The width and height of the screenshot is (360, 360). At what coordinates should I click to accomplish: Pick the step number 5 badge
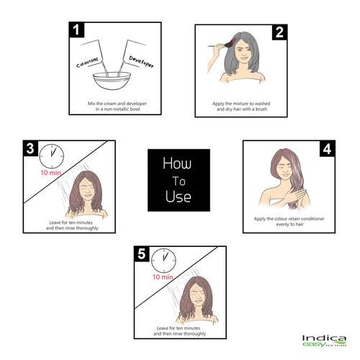[143, 254]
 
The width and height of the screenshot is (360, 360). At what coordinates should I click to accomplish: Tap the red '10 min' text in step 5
[163, 276]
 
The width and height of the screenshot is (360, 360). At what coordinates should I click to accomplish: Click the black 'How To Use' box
[179, 180]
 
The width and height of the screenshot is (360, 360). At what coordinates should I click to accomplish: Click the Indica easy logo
[323, 341]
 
